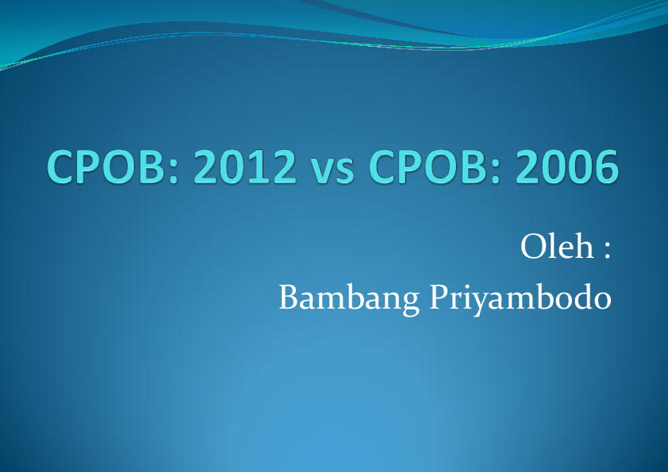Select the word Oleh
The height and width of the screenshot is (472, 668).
point(557,246)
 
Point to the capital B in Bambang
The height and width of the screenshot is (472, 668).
point(289,297)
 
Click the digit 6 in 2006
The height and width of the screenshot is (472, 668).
point(607,167)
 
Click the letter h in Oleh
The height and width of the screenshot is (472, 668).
point(583,246)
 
